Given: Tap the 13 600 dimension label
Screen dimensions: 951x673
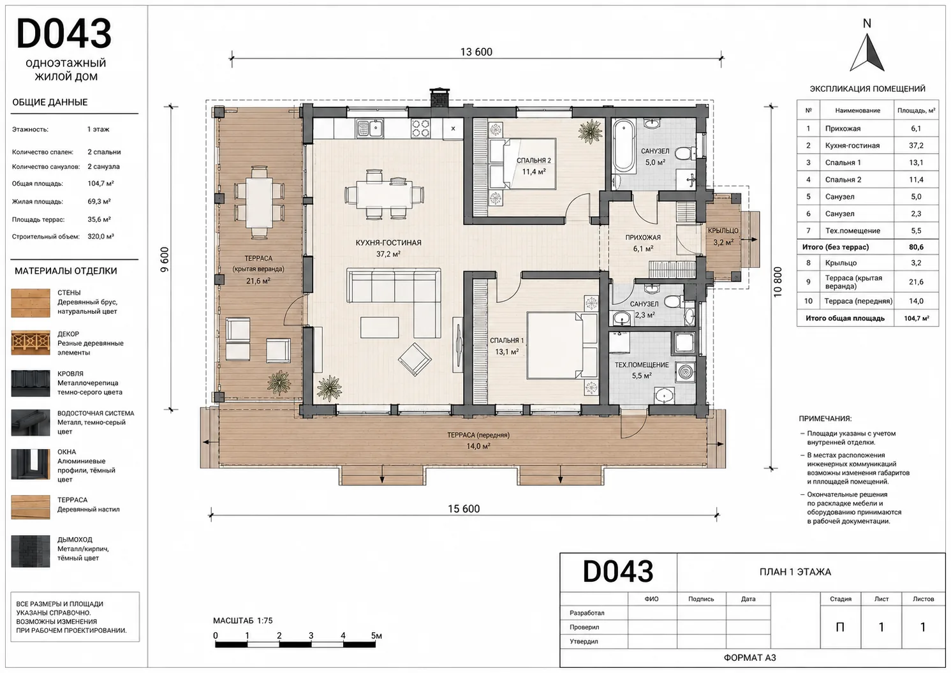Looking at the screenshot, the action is click(x=476, y=52).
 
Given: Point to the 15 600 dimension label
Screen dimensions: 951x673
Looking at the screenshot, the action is click(x=464, y=508).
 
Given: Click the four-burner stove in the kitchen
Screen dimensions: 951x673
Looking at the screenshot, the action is click(x=420, y=128).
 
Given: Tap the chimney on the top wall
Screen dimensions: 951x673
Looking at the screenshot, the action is click(x=439, y=98).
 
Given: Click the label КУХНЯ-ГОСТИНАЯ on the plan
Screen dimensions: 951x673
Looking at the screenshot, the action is click(x=388, y=243).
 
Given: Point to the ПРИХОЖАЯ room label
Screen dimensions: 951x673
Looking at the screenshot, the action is click(x=643, y=238).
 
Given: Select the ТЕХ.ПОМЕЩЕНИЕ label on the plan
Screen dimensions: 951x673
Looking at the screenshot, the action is click(x=642, y=365).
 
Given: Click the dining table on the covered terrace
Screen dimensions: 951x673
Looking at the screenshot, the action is click(x=260, y=203).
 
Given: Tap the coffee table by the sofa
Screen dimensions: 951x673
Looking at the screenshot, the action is click(x=380, y=327).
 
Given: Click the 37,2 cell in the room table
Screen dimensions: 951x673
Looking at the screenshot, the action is click(x=916, y=145).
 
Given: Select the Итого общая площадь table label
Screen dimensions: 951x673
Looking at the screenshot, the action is click(x=845, y=318).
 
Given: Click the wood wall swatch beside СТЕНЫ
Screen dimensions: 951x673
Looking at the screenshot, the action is click(x=31, y=303).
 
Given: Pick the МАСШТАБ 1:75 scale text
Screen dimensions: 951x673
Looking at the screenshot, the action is click(x=243, y=620).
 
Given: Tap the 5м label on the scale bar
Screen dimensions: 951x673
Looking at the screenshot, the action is click(x=376, y=635).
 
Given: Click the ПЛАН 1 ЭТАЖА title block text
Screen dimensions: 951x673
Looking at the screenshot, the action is click(x=795, y=572).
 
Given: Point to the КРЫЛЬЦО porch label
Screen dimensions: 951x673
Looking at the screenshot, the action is click(x=723, y=231).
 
